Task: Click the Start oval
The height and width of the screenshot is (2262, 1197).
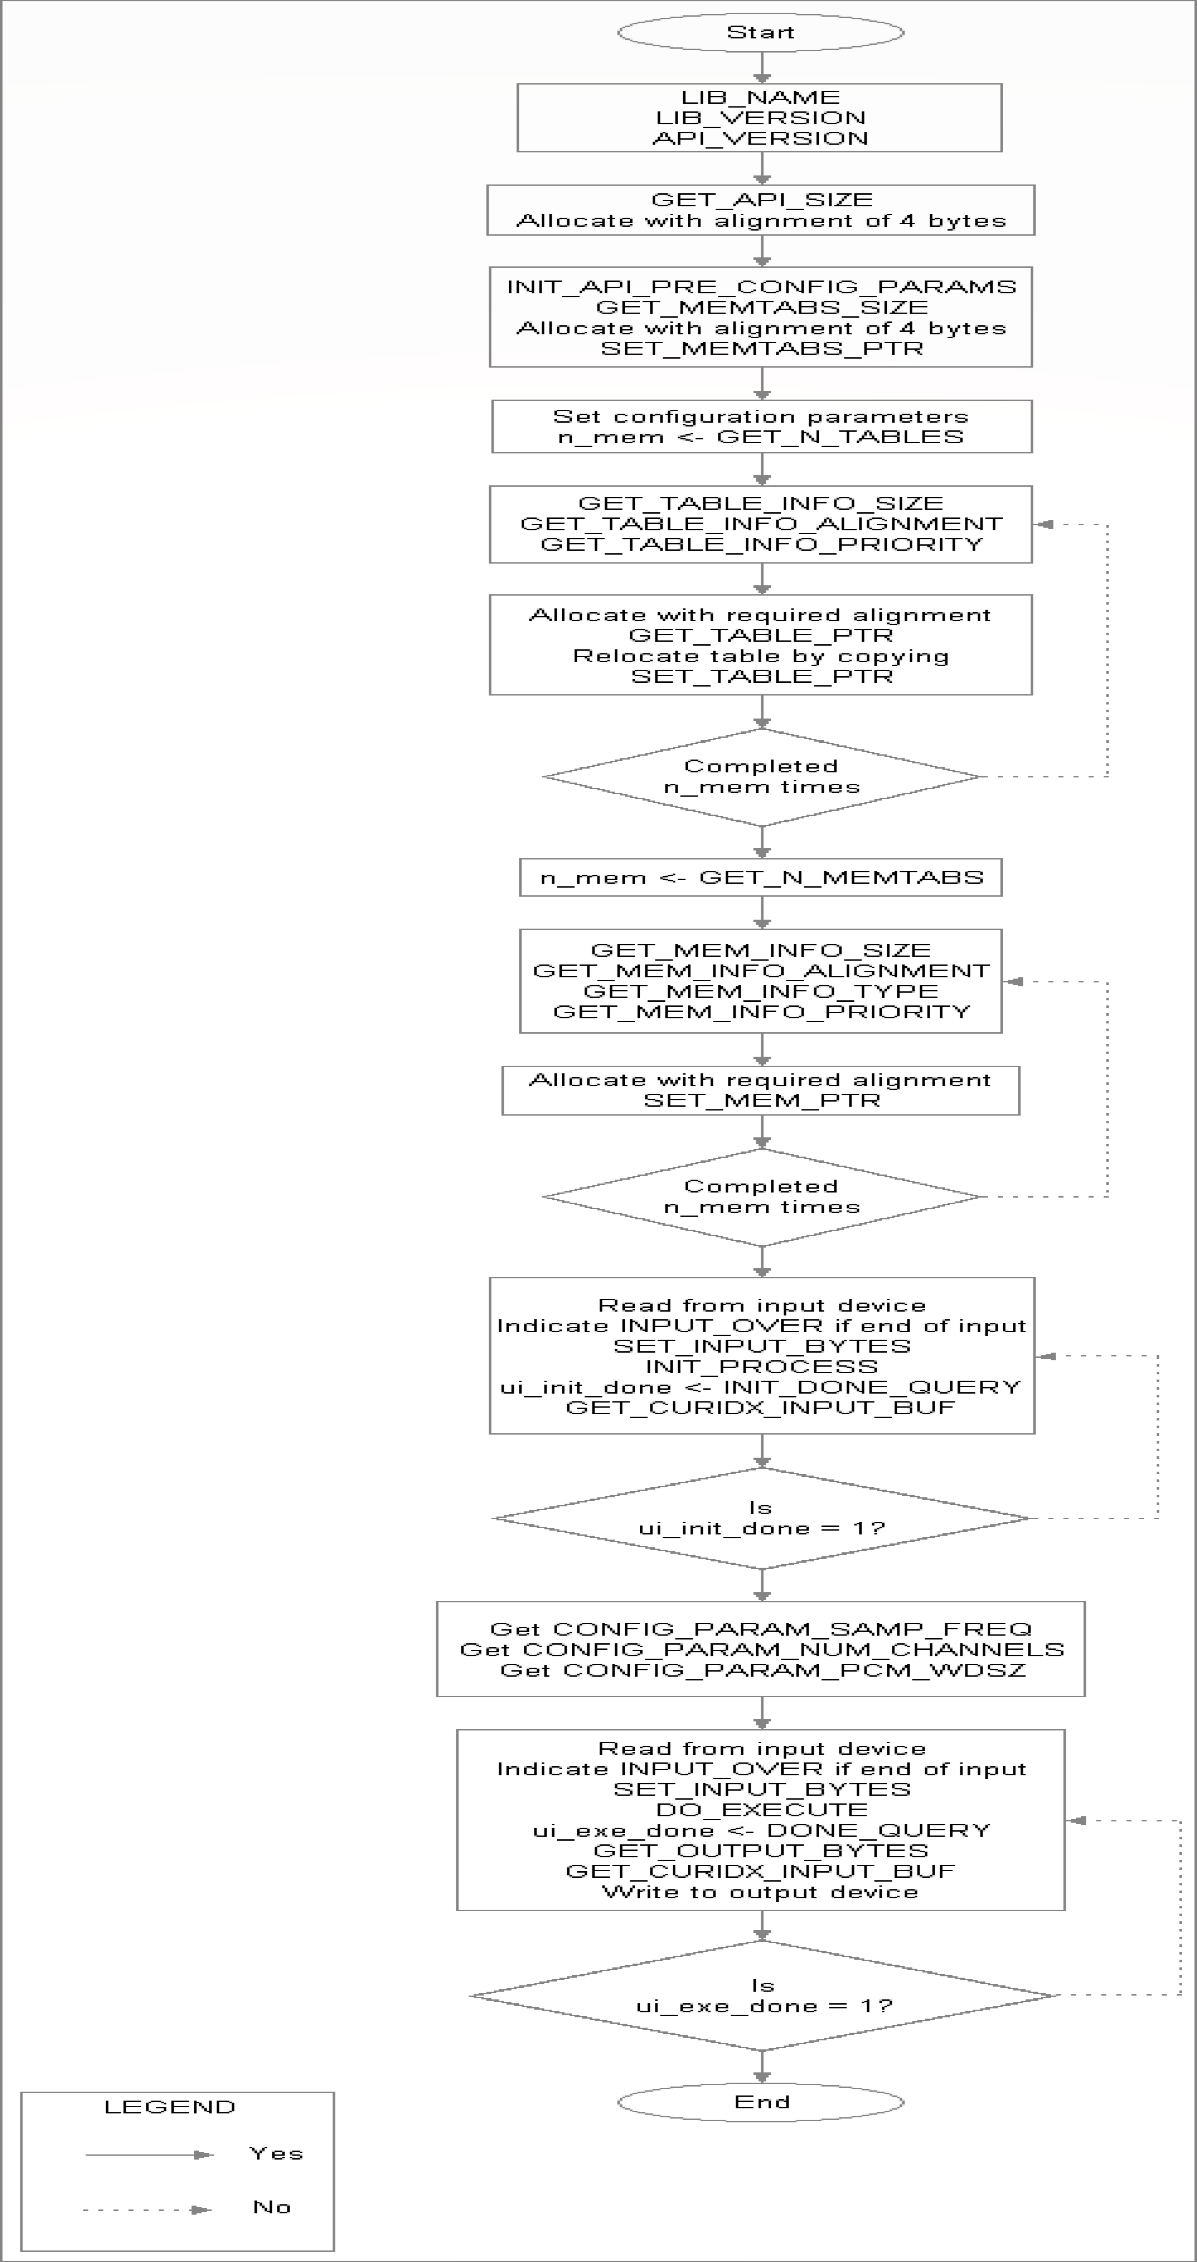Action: pos(761,33)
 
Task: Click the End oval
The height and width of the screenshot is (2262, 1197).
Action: pos(761,2101)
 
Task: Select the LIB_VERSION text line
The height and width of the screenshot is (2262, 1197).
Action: pos(761,118)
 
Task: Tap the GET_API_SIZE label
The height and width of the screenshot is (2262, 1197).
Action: pos(761,200)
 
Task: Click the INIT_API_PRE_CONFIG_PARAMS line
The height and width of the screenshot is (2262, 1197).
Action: pos(761,287)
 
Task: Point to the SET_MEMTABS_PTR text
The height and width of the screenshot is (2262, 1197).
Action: pos(761,349)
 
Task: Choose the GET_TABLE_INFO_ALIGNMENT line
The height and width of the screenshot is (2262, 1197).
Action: pos(761,524)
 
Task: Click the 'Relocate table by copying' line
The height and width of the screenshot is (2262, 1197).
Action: pos(761,656)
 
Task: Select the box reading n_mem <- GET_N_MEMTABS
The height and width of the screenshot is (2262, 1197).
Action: pos(761,877)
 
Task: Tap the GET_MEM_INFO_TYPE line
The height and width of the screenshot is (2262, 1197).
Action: pos(761,991)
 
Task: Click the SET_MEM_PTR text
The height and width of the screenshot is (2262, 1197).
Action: pos(761,1100)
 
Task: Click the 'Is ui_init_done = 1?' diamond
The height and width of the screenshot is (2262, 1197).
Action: pos(761,1518)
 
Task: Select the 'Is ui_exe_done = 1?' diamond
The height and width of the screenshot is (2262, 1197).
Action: pos(761,1996)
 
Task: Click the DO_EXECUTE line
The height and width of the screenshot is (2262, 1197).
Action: pos(761,1810)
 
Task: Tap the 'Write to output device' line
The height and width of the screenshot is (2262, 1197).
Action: pos(761,1891)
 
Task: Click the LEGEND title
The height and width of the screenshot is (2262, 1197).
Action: pos(169,2107)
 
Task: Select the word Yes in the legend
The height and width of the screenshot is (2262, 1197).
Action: pos(276,2153)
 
